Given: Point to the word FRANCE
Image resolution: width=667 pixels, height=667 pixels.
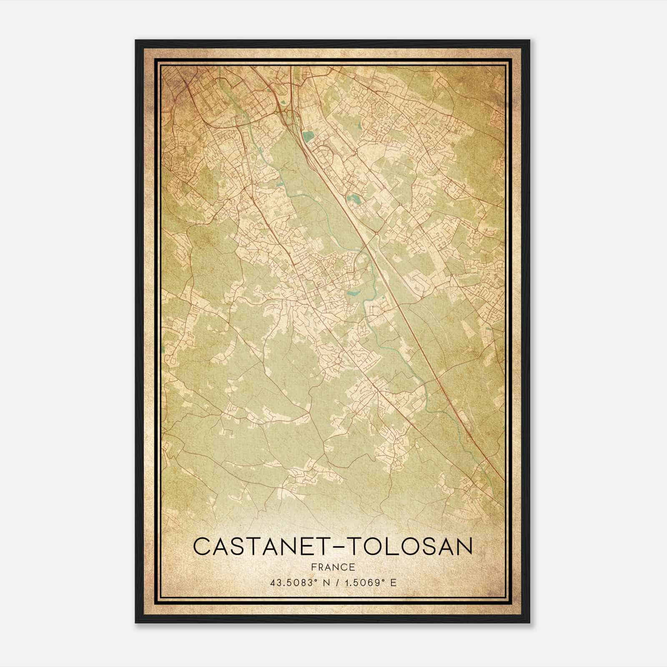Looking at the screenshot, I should [x=333, y=567].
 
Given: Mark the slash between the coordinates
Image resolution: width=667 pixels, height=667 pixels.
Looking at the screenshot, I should [x=339, y=583].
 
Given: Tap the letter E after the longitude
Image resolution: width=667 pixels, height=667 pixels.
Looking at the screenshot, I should [x=393, y=583].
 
